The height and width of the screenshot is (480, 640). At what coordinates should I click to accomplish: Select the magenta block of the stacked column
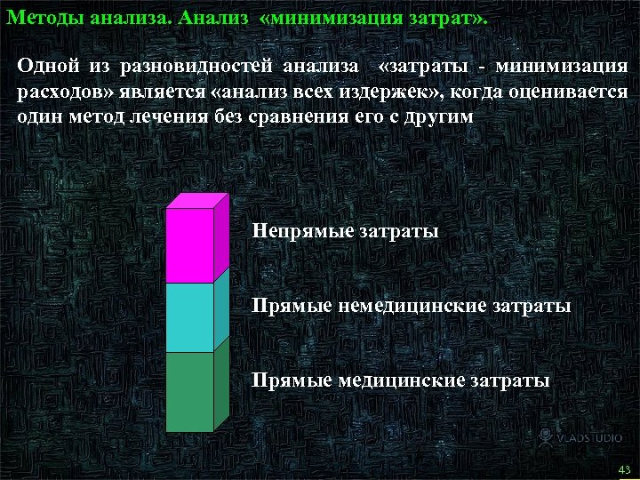pyautogui.click(x=190, y=244)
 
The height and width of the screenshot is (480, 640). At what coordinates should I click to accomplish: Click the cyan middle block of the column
pyautogui.click(x=190, y=317)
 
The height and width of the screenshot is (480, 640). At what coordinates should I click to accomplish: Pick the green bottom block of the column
pyautogui.click(x=190, y=391)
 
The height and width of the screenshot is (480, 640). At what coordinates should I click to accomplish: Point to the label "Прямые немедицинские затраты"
pyautogui.click(x=411, y=307)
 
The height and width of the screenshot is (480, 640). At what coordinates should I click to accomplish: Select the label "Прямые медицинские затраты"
pyautogui.click(x=400, y=380)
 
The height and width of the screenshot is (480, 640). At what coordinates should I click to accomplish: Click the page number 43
pyautogui.click(x=623, y=469)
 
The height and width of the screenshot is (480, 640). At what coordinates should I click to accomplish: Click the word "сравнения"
pyautogui.click(x=290, y=116)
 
